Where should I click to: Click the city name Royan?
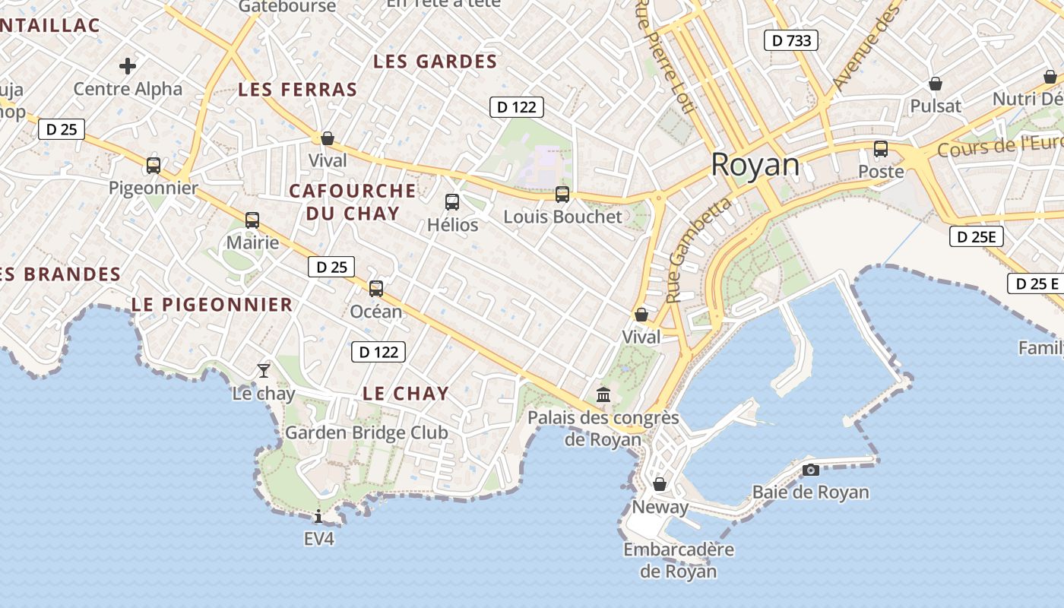tap(755, 165)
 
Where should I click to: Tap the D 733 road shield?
tap(790, 40)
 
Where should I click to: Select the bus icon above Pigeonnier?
tap(154, 166)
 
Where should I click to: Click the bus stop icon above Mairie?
tap(252, 220)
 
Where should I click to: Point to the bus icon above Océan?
tap(376, 289)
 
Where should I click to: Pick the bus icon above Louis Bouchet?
tap(562, 195)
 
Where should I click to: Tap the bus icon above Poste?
tap(881, 149)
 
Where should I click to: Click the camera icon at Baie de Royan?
tap(811, 470)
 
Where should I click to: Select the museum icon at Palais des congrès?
tap(604, 394)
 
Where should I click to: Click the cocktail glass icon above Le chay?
tap(264, 371)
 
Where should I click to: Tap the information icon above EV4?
tap(318, 517)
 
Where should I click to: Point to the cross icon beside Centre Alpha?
tap(128, 66)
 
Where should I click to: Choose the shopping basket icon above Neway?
tap(660, 484)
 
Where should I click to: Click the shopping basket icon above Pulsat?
tap(936, 84)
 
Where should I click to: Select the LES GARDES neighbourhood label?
tap(435, 62)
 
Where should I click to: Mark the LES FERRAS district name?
tap(298, 90)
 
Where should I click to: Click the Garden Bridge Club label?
tap(366, 432)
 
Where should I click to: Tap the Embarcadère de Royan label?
tap(679, 560)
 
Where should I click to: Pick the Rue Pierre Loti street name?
tap(664, 57)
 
